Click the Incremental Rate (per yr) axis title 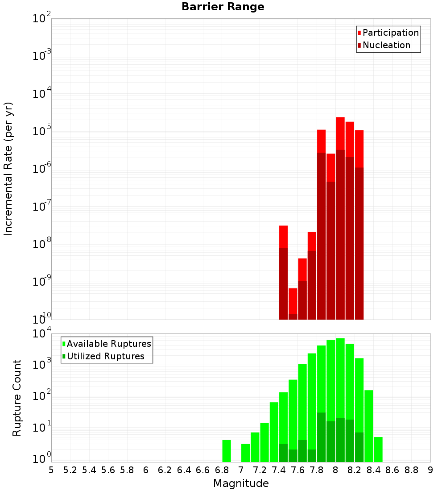(8, 169)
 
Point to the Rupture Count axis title (17, 398)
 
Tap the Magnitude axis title (241, 483)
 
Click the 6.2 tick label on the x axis (165, 470)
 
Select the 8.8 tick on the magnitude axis (411, 470)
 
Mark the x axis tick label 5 (51, 470)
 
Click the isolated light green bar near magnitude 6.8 (227, 451)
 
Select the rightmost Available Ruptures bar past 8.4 (378, 449)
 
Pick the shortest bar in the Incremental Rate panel (293, 304)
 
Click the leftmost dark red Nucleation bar (283, 283)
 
